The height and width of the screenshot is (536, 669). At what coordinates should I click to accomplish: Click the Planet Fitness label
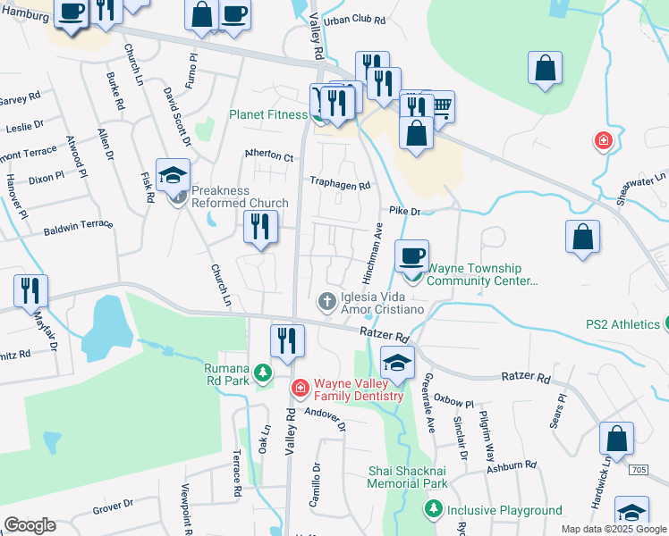coord(268,114)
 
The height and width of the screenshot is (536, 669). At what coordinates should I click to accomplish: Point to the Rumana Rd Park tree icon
coord(263,371)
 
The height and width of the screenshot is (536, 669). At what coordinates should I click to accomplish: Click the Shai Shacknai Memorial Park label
coord(407,476)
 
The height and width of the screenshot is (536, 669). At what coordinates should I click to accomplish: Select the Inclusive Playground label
coord(504,510)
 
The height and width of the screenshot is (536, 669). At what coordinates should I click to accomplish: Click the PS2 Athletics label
coord(622,324)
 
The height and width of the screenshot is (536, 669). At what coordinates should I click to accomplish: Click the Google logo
coord(30,525)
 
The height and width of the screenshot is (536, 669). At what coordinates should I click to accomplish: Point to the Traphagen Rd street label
coord(340,186)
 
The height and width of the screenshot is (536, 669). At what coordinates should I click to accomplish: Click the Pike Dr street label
coord(404,212)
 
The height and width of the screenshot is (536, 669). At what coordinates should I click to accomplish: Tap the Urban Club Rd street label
coord(355,19)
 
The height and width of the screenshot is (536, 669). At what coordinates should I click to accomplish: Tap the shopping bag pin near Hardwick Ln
coord(616,439)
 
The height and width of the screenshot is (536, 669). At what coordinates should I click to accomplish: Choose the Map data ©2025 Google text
coord(613,529)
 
